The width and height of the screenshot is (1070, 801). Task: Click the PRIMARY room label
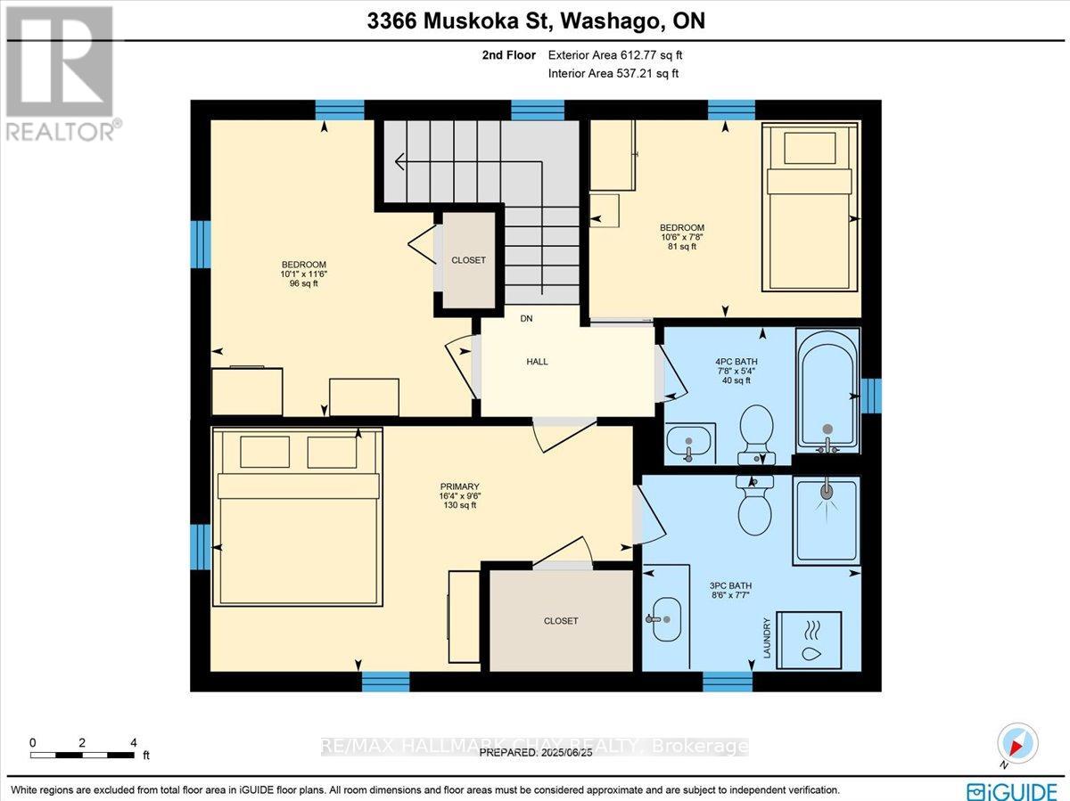[x=460, y=486]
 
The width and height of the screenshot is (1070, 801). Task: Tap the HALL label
[x=537, y=362]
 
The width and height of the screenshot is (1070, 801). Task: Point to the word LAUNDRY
[x=767, y=638]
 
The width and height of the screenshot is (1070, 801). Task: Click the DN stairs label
[x=526, y=318]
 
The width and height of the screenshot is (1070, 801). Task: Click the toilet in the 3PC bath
[x=754, y=505]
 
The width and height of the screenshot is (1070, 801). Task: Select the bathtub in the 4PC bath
[x=827, y=391]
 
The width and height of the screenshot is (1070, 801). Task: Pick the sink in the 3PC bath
[x=666, y=619]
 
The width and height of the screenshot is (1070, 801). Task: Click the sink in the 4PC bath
[x=688, y=445]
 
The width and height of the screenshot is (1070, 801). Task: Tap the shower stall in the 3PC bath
[x=827, y=520]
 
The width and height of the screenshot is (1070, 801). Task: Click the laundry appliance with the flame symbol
[x=810, y=641]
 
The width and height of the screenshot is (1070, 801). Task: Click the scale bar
[x=82, y=756]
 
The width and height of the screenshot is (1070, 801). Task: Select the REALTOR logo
[x=61, y=74]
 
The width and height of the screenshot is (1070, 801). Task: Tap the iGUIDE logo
[x=1012, y=789]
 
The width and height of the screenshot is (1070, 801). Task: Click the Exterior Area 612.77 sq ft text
[x=615, y=55]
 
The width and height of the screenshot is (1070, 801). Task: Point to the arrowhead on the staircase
[x=399, y=161]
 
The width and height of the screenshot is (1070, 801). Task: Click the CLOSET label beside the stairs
[x=468, y=260]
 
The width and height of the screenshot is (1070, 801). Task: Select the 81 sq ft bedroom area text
[x=682, y=247]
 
